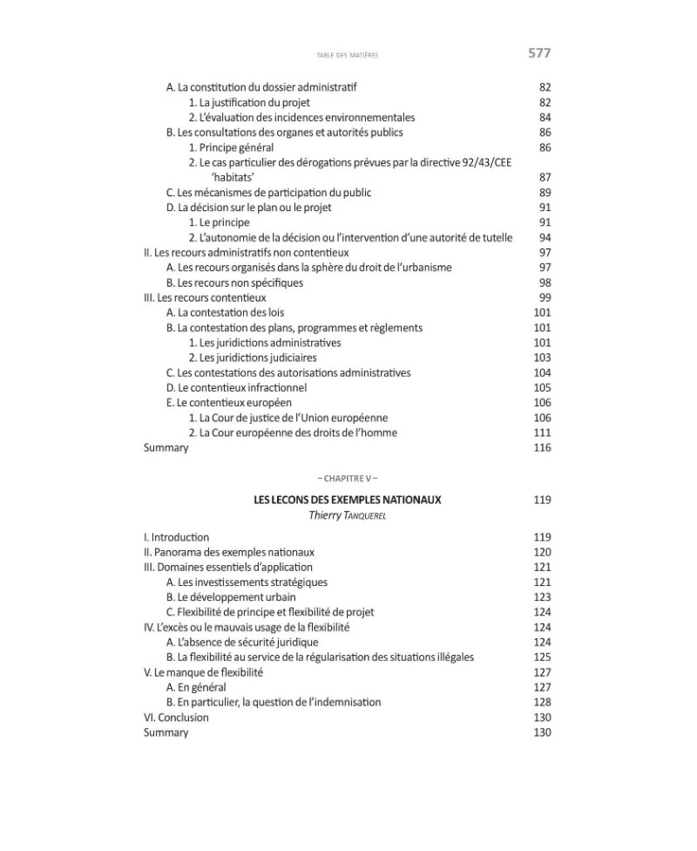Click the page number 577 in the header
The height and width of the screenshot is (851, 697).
539,54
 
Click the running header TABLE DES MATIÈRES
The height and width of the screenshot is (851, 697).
348,55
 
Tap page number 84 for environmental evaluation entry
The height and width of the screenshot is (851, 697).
545,117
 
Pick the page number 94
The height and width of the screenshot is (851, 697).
545,237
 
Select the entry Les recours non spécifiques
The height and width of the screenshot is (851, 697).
234,283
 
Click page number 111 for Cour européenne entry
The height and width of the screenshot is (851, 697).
542,432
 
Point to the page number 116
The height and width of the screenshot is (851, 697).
542,447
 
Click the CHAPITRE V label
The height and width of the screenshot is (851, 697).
348,478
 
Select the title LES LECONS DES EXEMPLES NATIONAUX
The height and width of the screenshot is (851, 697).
348,500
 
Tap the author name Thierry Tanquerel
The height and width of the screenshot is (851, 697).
348,515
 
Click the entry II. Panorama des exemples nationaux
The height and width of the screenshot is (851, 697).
229,552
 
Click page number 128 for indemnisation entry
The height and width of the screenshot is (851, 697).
542,702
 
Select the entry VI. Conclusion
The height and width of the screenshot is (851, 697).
176,718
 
